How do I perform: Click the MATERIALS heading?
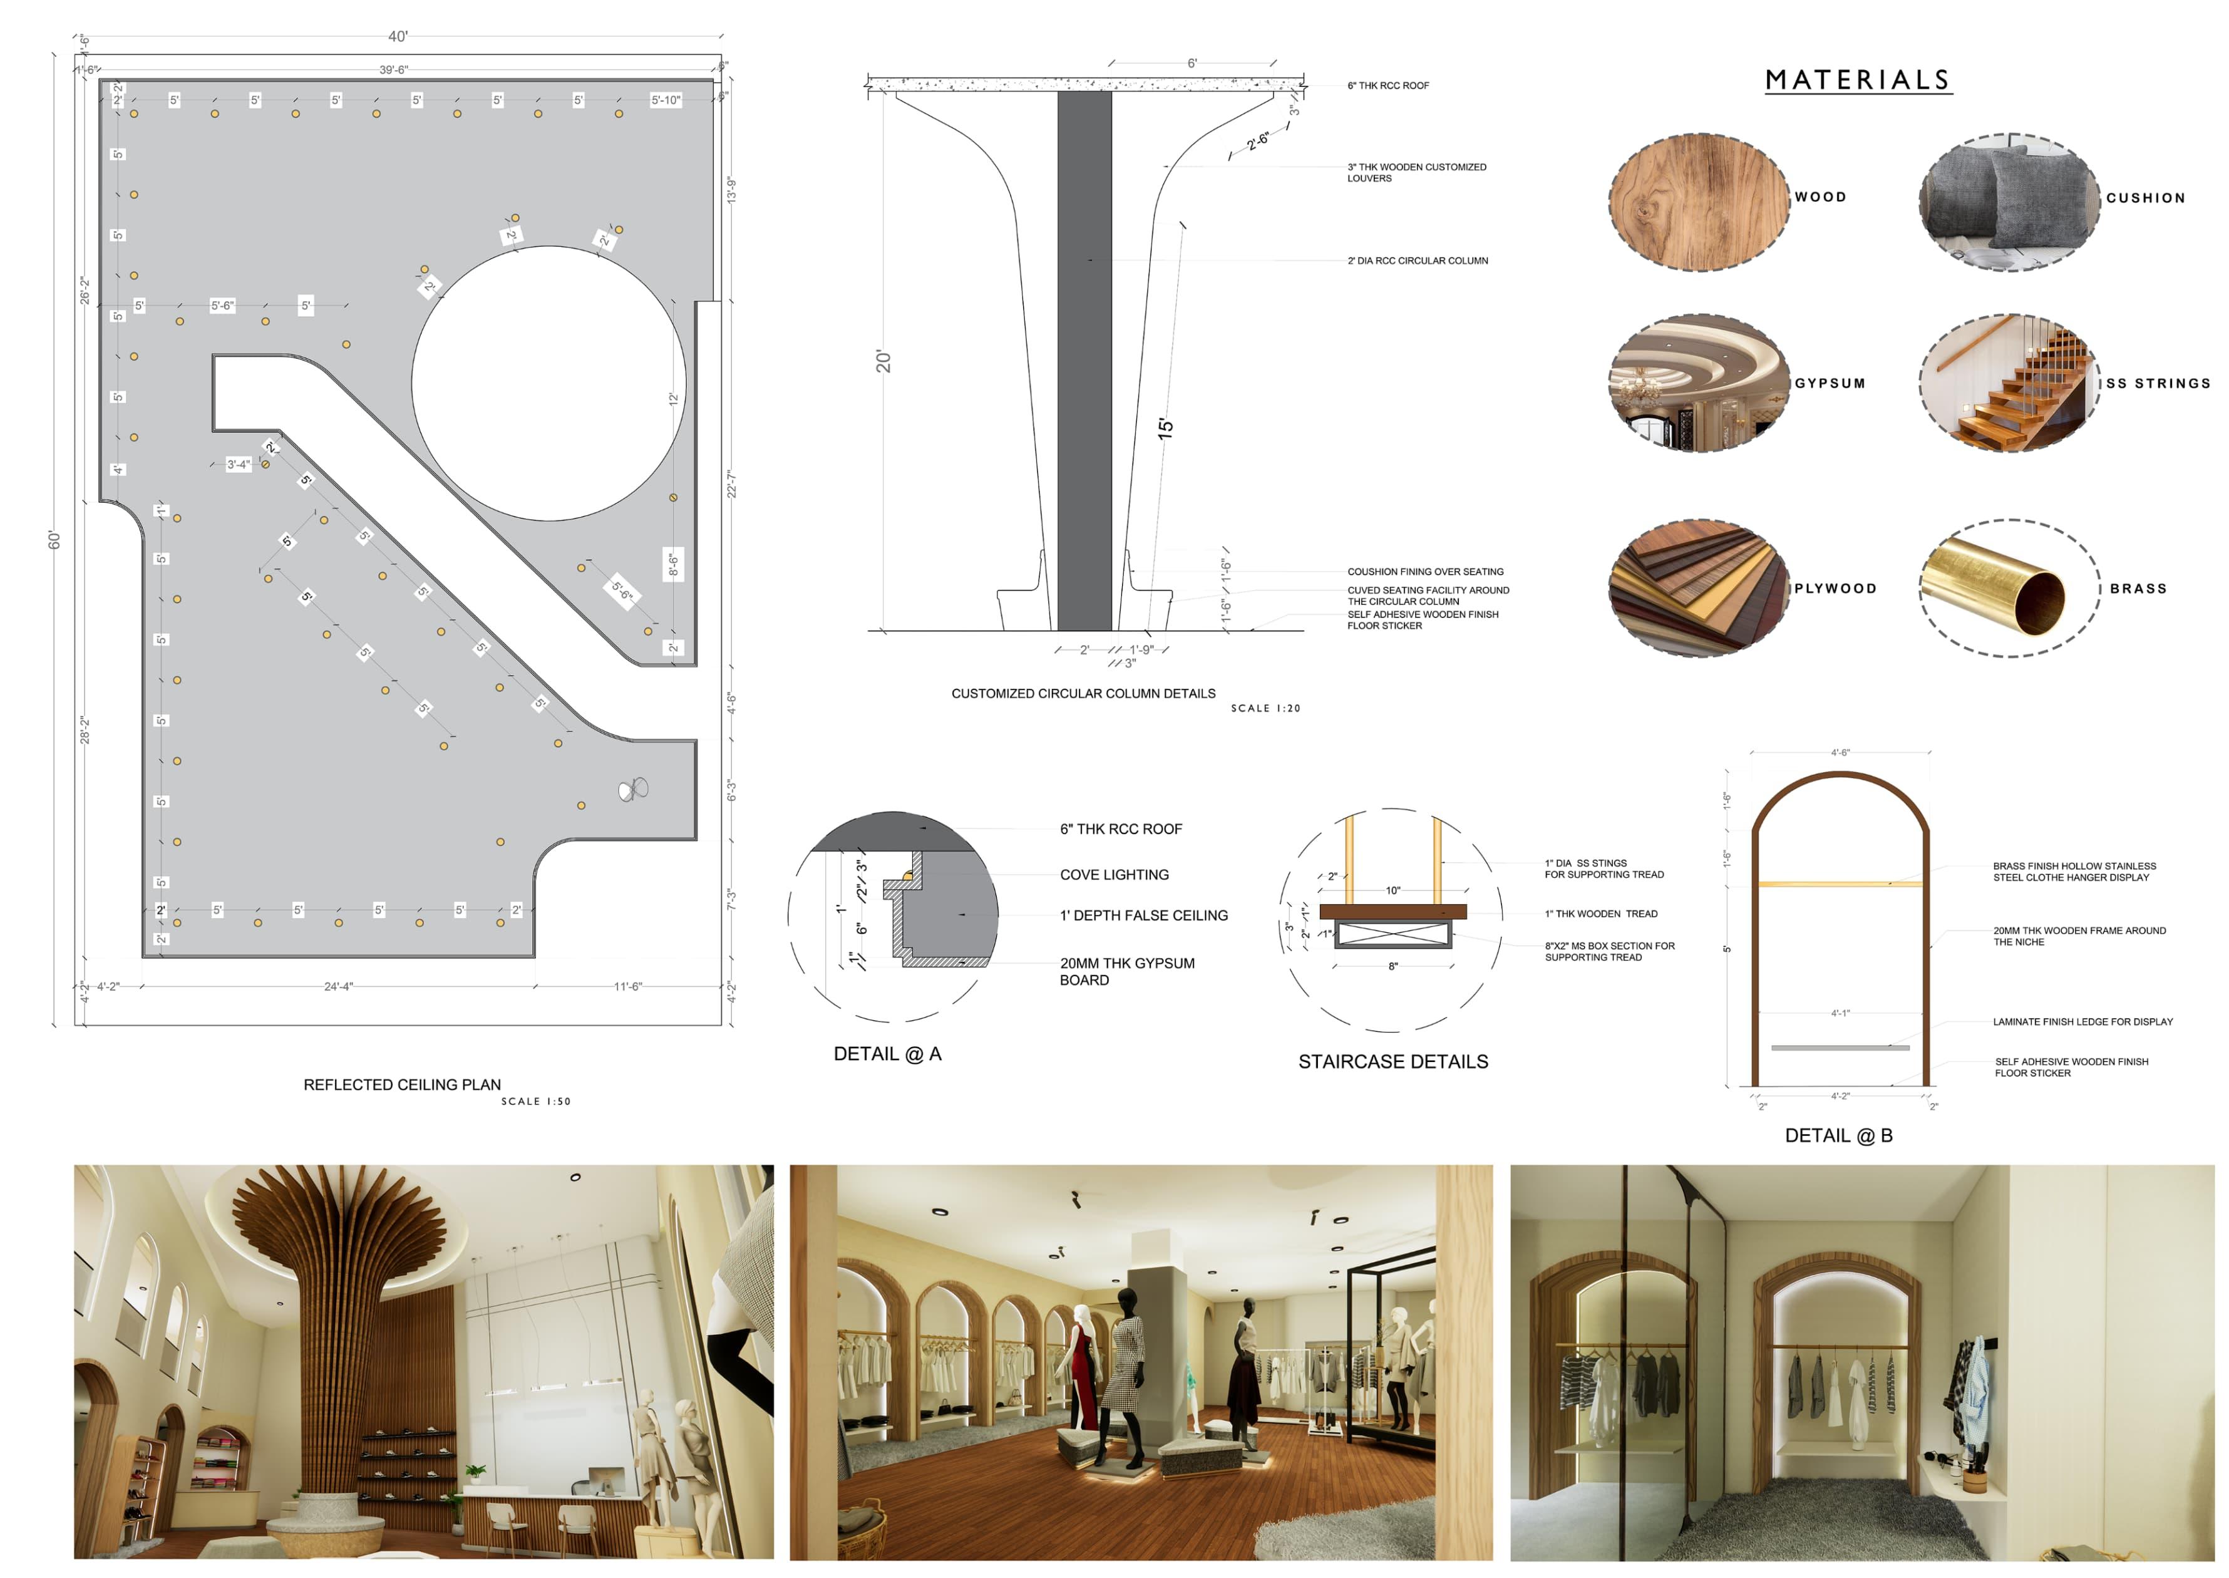tap(1857, 81)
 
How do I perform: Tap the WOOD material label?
tap(1820, 197)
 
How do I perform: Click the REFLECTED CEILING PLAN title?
tap(401, 1085)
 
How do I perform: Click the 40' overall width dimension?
tap(398, 37)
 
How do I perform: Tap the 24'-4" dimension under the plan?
tap(338, 986)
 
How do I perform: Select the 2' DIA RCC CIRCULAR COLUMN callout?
tap(1417, 260)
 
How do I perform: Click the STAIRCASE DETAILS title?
tap(1392, 1062)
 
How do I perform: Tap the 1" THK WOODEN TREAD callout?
tap(1600, 914)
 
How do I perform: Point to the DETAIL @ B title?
tap(1838, 1136)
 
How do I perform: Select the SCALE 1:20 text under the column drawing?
tap(1265, 708)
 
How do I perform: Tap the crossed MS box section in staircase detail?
tap(1392, 935)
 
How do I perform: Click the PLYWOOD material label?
tap(1835, 589)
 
